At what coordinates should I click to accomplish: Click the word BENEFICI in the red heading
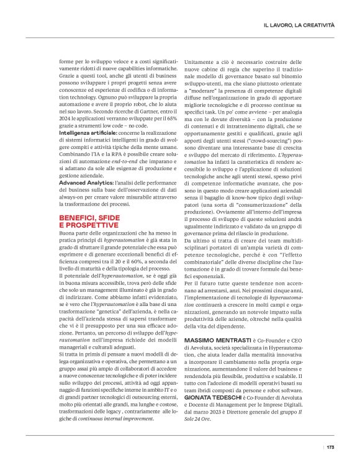[x=78, y=217]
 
